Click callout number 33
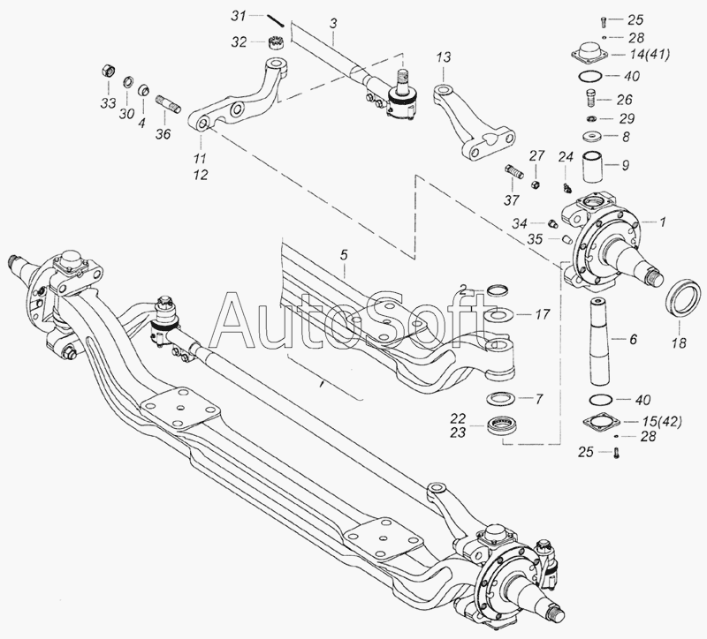coord(108,103)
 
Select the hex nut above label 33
coord(109,71)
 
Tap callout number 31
coord(239,16)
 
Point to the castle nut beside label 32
coord(276,43)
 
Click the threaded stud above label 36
coord(169,104)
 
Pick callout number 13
coord(444,58)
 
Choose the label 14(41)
coord(644,55)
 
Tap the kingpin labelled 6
coord(600,342)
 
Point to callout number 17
coord(542,314)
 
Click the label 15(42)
coord(656,422)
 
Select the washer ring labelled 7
coord(500,398)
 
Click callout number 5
coord(344,256)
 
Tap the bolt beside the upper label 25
coord(603,19)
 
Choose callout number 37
coord(512,199)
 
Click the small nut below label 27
coord(535,184)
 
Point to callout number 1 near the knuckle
coord(662,222)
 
